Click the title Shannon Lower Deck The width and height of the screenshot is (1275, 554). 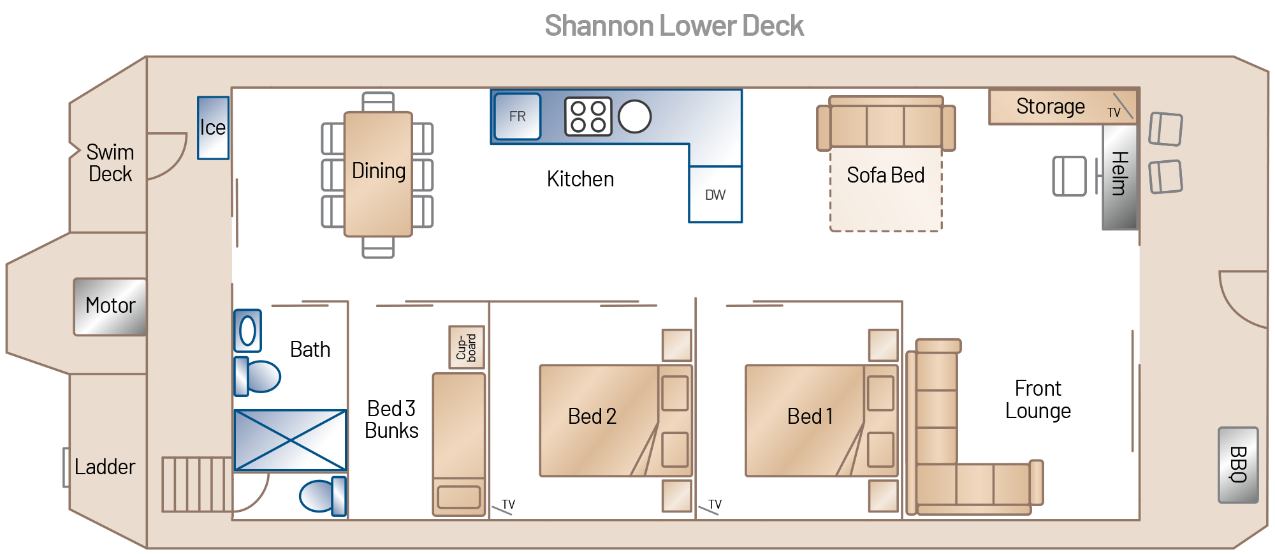click(674, 26)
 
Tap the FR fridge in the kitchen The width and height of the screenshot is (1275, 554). click(518, 116)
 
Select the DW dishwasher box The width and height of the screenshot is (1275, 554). click(715, 195)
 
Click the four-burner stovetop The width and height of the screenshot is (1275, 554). click(588, 117)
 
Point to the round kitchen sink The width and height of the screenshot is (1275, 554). click(635, 117)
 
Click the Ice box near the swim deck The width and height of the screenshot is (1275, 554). click(213, 128)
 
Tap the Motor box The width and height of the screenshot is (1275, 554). click(110, 306)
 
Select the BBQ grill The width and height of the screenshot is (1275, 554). click(1238, 465)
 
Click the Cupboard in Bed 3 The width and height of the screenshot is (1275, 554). click(467, 347)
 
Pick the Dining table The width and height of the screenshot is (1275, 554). click(378, 174)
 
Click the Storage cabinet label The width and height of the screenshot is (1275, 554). click(1051, 106)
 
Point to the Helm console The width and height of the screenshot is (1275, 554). click(1120, 177)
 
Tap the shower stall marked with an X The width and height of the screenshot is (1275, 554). click(291, 440)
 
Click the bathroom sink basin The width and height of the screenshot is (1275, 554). click(247, 331)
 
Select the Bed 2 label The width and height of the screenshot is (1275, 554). click(592, 416)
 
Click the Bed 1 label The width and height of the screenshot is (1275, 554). click(810, 416)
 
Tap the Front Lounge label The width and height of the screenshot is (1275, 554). click(1038, 400)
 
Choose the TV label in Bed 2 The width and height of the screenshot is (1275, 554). click(508, 504)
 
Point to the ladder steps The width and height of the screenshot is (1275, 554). click(197, 484)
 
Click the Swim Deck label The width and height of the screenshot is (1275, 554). click(110, 163)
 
